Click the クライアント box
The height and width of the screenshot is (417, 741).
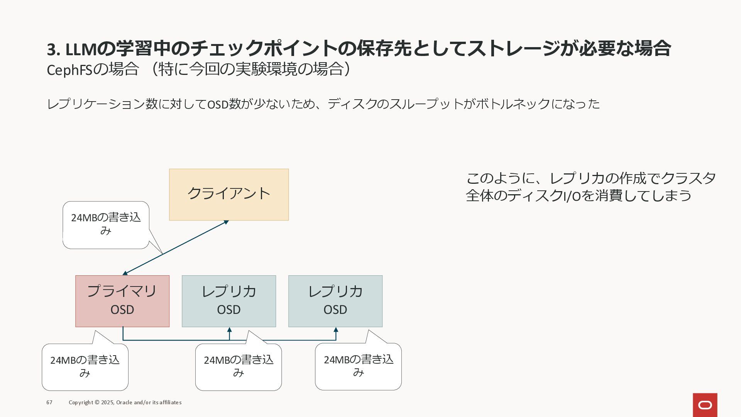(229, 195)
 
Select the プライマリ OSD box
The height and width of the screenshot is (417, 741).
(122, 301)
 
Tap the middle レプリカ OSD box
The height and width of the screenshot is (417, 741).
(229, 301)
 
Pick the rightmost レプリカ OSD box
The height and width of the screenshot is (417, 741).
(335, 301)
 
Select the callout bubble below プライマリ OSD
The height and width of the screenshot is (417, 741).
(85, 367)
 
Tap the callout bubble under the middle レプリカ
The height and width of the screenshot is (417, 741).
(239, 367)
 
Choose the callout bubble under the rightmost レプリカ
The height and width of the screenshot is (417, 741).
(358, 366)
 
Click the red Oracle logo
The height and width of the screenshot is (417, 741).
(705, 405)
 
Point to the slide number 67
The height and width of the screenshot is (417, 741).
(49, 402)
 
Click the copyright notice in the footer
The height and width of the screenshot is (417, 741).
(125, 402)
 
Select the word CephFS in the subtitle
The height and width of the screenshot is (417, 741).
(69, 70)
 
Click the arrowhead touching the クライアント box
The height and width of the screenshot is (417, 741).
(226, 222)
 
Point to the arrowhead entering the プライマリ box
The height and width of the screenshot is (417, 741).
(125, 273)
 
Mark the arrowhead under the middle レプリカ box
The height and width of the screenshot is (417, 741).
(229, 330)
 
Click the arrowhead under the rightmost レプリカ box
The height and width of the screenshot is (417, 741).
(336, 330)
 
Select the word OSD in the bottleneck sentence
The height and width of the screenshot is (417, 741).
(218, 104)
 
